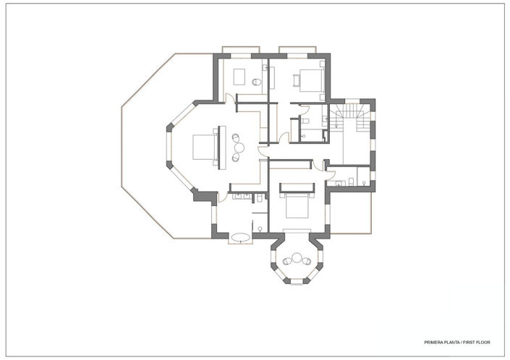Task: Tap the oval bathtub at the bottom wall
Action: [241, 236]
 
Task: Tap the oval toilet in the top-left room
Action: [255, 83]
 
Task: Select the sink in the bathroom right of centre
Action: [352, 181]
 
